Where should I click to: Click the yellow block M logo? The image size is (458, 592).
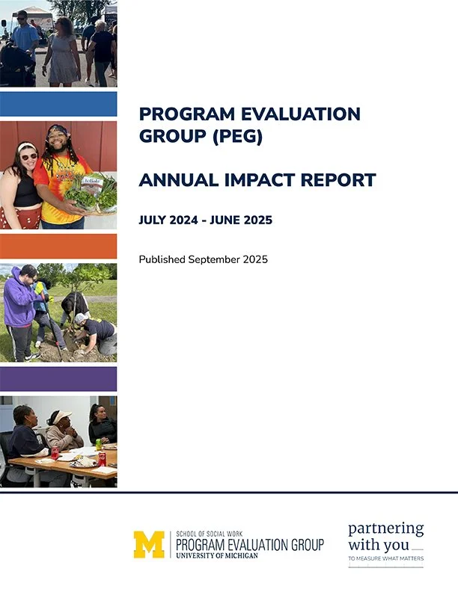(x=148, y=544)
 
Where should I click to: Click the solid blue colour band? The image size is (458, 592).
(x=58, y=103)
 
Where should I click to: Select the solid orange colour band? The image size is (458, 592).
(x=58, y=246)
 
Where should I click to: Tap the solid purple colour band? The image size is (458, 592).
(x=58, y=378)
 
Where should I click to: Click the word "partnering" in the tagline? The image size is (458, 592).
(x=385, y=529)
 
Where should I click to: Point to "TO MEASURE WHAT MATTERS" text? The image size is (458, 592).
(x=385, y=559)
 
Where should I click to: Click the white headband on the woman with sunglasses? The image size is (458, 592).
(x=27, y=146)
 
